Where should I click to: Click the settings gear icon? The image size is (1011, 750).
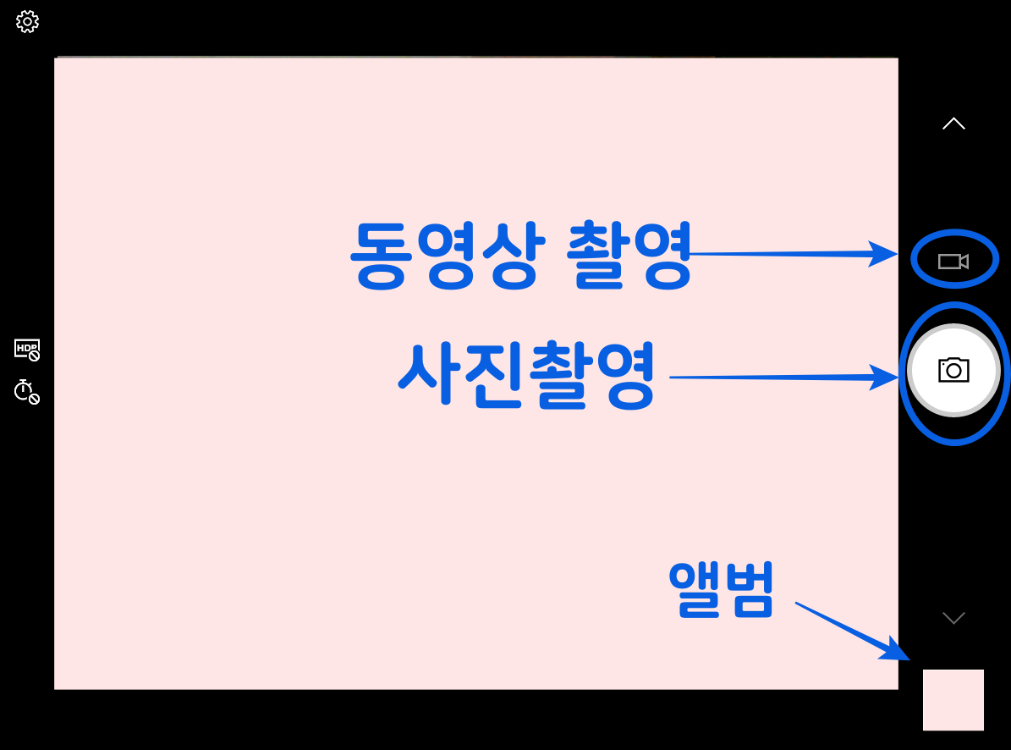tap(28, 22)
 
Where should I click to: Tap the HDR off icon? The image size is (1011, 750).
tap(27, 349)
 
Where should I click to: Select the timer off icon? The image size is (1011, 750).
tap(27, 391)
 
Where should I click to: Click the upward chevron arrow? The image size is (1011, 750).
tap(953, 124)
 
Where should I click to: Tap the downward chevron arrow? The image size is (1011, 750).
tap(953, 618)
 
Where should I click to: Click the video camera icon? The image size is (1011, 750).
tap(953, 262)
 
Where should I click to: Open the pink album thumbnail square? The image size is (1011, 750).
tap(953, 699)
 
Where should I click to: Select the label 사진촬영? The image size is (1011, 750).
tap(526, 377)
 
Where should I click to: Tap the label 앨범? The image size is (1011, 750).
tap(721, 590)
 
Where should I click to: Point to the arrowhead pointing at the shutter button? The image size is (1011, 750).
tap(885, 378)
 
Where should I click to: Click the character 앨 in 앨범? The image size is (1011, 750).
tap(695, 590)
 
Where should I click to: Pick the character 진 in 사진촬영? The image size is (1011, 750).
tap(493, 377)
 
